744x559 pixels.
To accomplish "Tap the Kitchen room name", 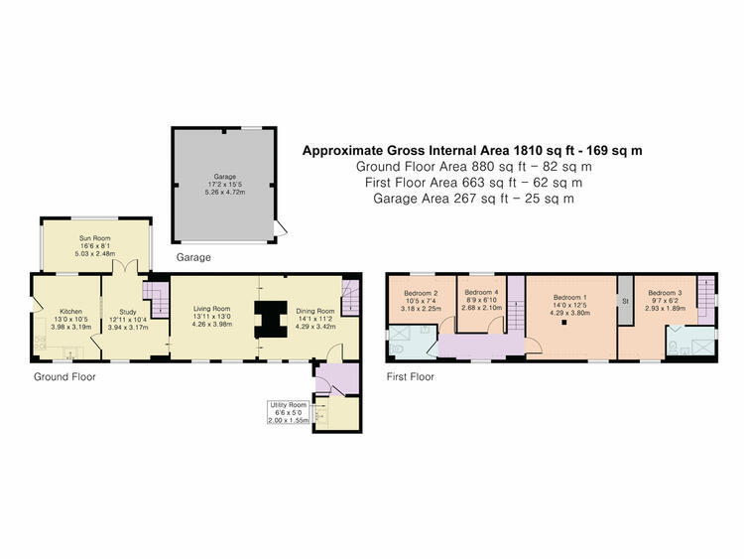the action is (70, 312).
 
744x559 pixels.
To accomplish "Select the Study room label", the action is (128, 312).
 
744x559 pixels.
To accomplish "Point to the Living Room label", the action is (211, 309).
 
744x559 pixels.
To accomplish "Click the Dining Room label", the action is (315, 311).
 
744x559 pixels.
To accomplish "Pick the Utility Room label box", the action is (289, 412).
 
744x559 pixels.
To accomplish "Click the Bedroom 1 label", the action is (569, 297).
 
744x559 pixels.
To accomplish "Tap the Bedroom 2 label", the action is (421, 293).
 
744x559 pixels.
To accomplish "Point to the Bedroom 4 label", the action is (481, 292).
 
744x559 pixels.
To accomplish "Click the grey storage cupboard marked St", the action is (625, 300).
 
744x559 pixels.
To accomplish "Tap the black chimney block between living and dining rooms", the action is (271, 319).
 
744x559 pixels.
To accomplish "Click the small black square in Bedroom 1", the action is (564, 323).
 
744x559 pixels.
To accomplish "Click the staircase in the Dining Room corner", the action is (350, 297).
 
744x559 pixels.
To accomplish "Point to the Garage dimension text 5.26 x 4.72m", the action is (225, 193).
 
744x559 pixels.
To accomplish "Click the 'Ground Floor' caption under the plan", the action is (64, 377).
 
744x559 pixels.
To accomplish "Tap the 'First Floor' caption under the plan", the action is (411, 377).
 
